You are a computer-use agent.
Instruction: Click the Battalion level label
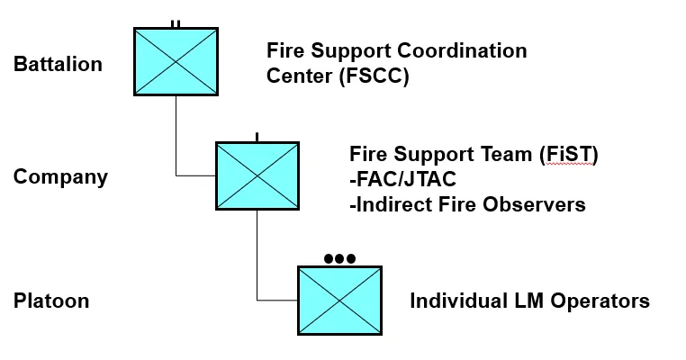pyautogui.click(x=58, y=65)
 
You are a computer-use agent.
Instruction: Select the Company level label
pyautogui.click(x=60, y=176)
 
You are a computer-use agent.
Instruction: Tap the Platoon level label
pyautogui.click(x=51, y=301)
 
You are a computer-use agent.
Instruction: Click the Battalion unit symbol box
pyautogui.click(x=176, y=61)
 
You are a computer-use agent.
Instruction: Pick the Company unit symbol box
pyautogui.click(x=257, y=175)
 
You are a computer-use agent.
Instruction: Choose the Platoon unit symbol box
pyautogui.click(x=339, y=299)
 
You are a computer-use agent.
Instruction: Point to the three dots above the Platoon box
pyautogui.click(x=339, y=259)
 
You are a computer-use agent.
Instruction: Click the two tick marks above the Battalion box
pyautogui.click(x=176, y=23)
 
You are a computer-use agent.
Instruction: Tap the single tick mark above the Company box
pyautogui.click(x=257, y=137)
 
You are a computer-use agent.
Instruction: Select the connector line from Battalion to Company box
pyautogui.click(x=176, y=135)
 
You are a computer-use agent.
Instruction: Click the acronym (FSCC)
pyautogui.click(x=374, y=76)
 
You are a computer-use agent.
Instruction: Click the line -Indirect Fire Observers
pyautogui.click(x=467, y=204)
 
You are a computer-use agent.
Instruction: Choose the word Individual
pyautogui.click(x=457, y=301)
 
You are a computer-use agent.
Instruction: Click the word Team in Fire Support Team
pyautogui.click(x=507, y=154)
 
